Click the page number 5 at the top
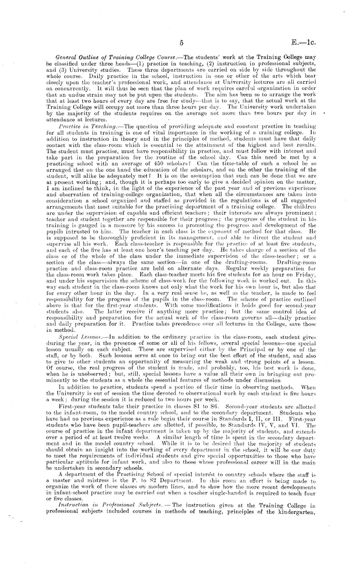click(x=182, y=43)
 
